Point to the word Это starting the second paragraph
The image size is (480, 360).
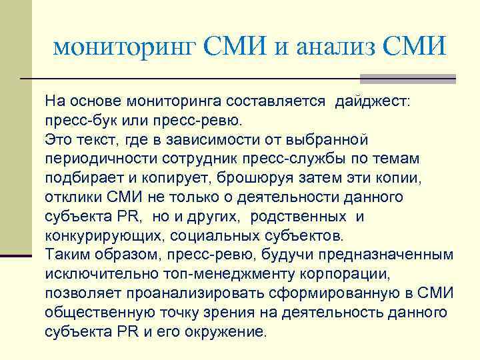[58, 141]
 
